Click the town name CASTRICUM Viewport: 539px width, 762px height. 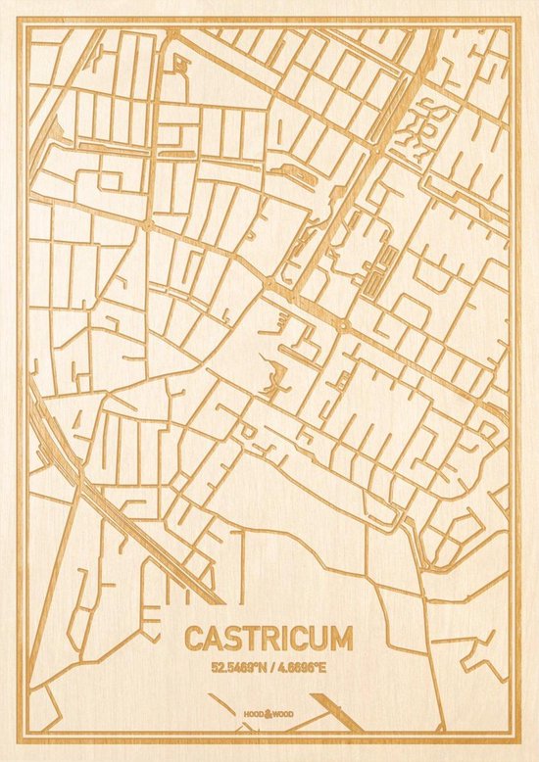click(267, 639)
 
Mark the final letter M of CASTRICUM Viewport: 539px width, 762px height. click(338, 639)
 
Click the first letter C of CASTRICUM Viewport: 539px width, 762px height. click(192, 639)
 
